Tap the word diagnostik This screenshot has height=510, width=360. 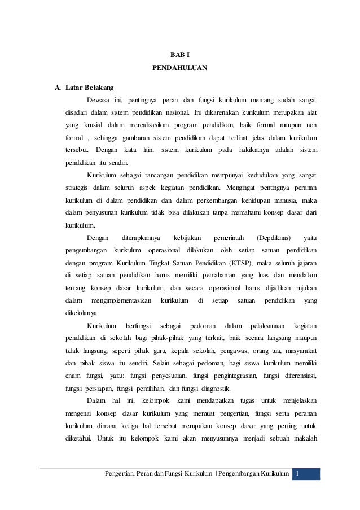coord(221,388)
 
